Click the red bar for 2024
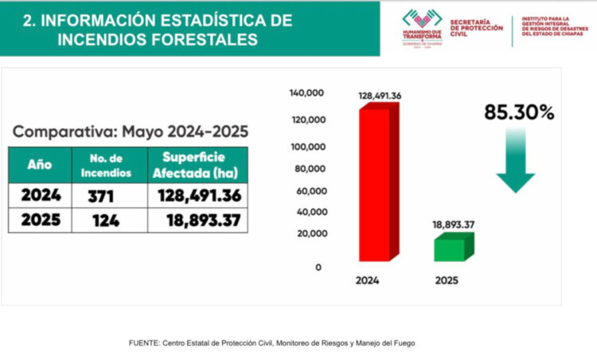click(374, 183)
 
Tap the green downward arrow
click(515, 159)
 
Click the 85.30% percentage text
click(519, 113)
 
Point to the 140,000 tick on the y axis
click(306, 93)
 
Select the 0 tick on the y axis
click(318, 268)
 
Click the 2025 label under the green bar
click(447, 280)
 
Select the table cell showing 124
click(105, 221)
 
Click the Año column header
click(40, 165)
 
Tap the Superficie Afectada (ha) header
click(197, 165)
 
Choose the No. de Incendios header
click(105, 165)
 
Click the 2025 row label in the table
click(40, 221)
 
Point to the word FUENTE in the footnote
click(143, 342)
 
